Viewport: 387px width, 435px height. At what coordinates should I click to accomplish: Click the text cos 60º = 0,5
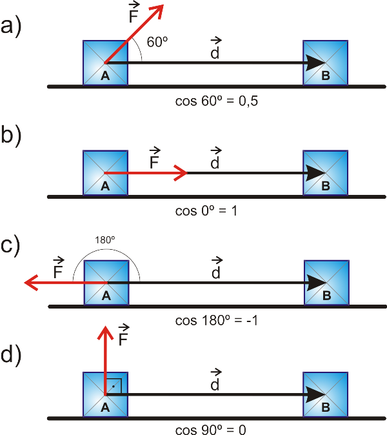pos(217,101)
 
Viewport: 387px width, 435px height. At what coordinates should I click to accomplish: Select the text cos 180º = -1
pos(217,320)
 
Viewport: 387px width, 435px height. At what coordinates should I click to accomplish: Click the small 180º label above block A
pos(105,240)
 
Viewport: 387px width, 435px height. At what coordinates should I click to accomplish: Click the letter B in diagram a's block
pos(326,76)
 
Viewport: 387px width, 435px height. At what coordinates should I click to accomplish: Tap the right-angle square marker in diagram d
pos(113,385)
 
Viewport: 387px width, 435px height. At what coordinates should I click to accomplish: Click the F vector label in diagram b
pos(154,159)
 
